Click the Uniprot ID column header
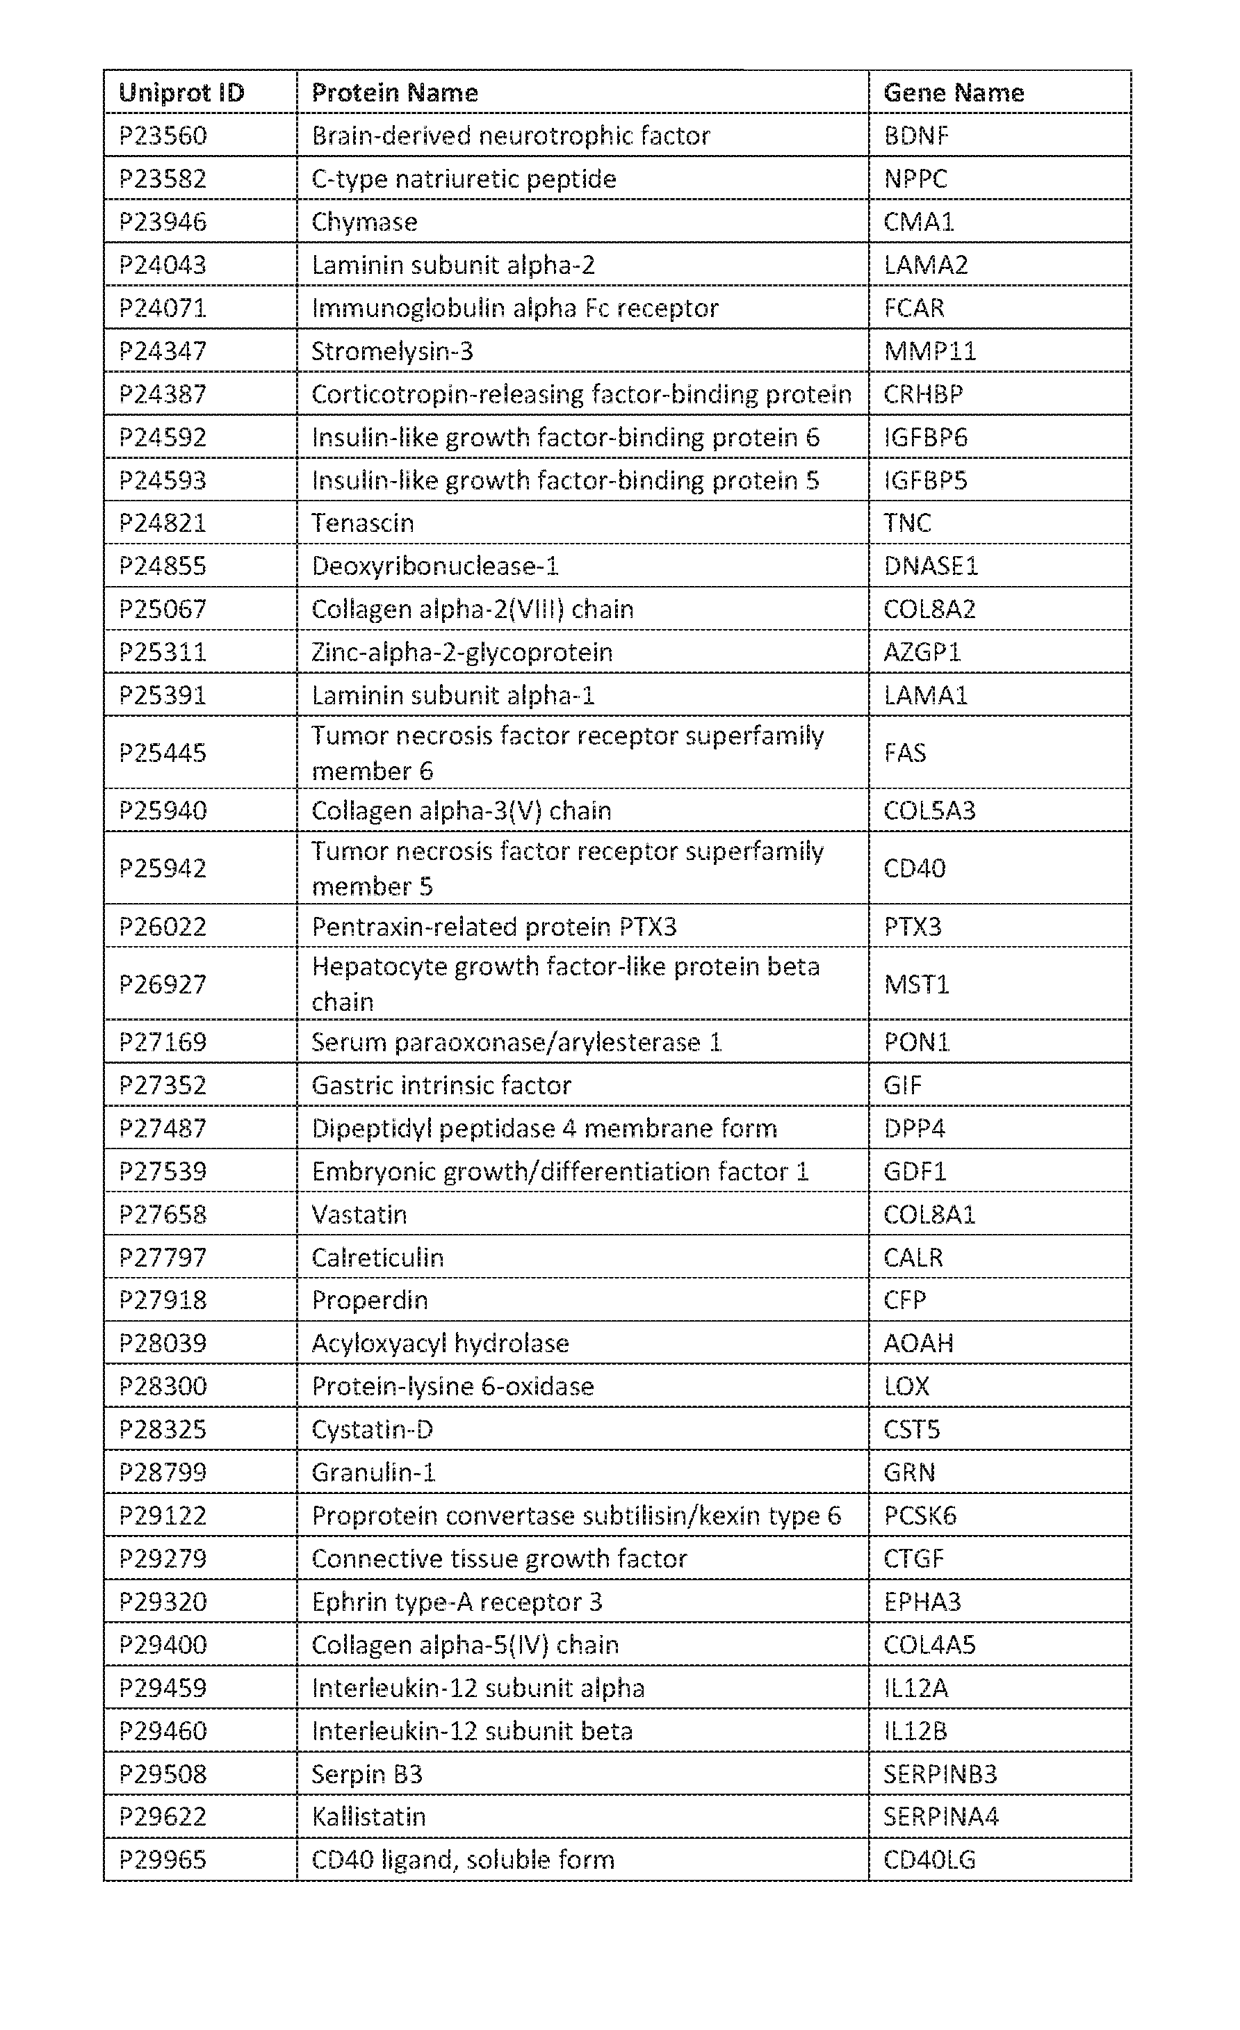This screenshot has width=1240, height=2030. pos(181,92)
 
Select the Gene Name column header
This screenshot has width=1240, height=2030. pos(953,92)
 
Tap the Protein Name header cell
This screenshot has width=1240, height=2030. pos(395,92)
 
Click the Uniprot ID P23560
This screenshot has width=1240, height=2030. pos(163,135)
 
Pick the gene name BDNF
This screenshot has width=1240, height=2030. pos(915,135)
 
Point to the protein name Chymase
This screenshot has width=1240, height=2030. pos(364,222)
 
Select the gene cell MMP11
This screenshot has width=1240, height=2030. pos(929,351)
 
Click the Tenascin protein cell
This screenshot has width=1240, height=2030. pos(363,523)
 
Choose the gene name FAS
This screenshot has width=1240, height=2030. pos(905,753)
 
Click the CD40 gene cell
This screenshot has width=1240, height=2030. pos(915,868)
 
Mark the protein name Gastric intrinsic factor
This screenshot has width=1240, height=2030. pos(441,1085)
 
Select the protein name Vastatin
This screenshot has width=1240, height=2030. pos(359,1215)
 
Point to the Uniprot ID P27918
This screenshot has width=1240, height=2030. pos(163,1300)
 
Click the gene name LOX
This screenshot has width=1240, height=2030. pos(906,1386)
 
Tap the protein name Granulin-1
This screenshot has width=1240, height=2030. pos(373,1472)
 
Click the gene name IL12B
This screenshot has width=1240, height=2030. pos(915,1731)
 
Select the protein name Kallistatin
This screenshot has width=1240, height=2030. pos(368,1817)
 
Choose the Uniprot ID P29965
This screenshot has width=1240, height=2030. pos(163,1860)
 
